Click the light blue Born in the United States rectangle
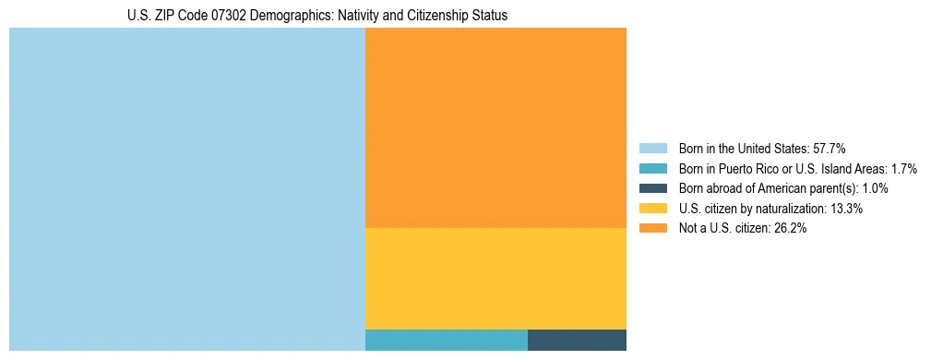coord(187,189)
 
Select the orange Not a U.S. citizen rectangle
coord(495,127)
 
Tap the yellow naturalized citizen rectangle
coord(495,278)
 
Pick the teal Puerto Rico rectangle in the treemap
coord(447,340)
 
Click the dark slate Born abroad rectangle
coord(577,340)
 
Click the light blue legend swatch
coord(652,148)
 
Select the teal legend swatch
coord(652,168)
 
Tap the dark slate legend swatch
coord(652,188)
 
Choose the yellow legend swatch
coord(652,209)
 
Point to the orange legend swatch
coord(652,229)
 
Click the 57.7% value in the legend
coord(829,148)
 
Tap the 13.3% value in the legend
coord(846,209)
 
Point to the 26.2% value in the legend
coord(790,229)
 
